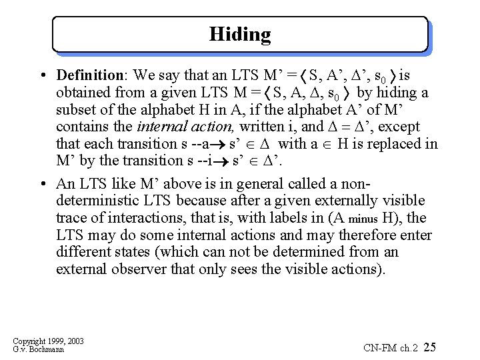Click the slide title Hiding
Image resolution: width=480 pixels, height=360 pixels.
(240, 34)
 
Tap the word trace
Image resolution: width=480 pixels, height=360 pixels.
(71, 218)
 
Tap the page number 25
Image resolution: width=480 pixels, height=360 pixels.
(430, 347)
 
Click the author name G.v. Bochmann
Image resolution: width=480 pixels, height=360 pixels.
(38, 349)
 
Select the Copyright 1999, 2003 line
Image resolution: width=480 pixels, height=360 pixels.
(48, 341)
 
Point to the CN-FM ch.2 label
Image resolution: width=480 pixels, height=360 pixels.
(390, 347)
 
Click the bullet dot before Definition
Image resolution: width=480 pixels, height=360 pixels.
(42, 75)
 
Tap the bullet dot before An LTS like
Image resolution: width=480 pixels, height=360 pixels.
(42, 184)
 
